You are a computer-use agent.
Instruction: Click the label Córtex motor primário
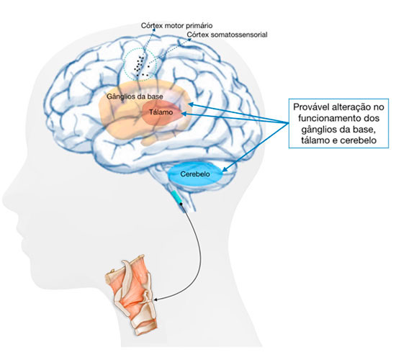click(x=177, y=25)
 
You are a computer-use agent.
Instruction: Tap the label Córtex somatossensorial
click(x=227, y=35)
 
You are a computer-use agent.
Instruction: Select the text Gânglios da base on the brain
click(x=135, y=96)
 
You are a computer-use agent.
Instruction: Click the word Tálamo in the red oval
click(x=161, y=112)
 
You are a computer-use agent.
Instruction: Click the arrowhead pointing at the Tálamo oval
click(x=184, y=114)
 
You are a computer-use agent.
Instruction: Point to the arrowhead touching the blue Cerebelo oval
click(x=225, y=169)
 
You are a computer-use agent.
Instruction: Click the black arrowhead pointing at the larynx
click(x=156, y=300)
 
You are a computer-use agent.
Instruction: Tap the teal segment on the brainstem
click(x=176, y=197)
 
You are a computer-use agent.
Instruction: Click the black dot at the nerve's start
click(x=181, y=203)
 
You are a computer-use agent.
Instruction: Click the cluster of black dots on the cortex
click(x=141, y=66)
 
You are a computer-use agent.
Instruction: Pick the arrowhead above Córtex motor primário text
click(x=154, y=30)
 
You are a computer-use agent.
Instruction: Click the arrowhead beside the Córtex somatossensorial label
click(x=189, y=40)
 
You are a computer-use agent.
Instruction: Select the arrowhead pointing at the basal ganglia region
click(x=192, y=104)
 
